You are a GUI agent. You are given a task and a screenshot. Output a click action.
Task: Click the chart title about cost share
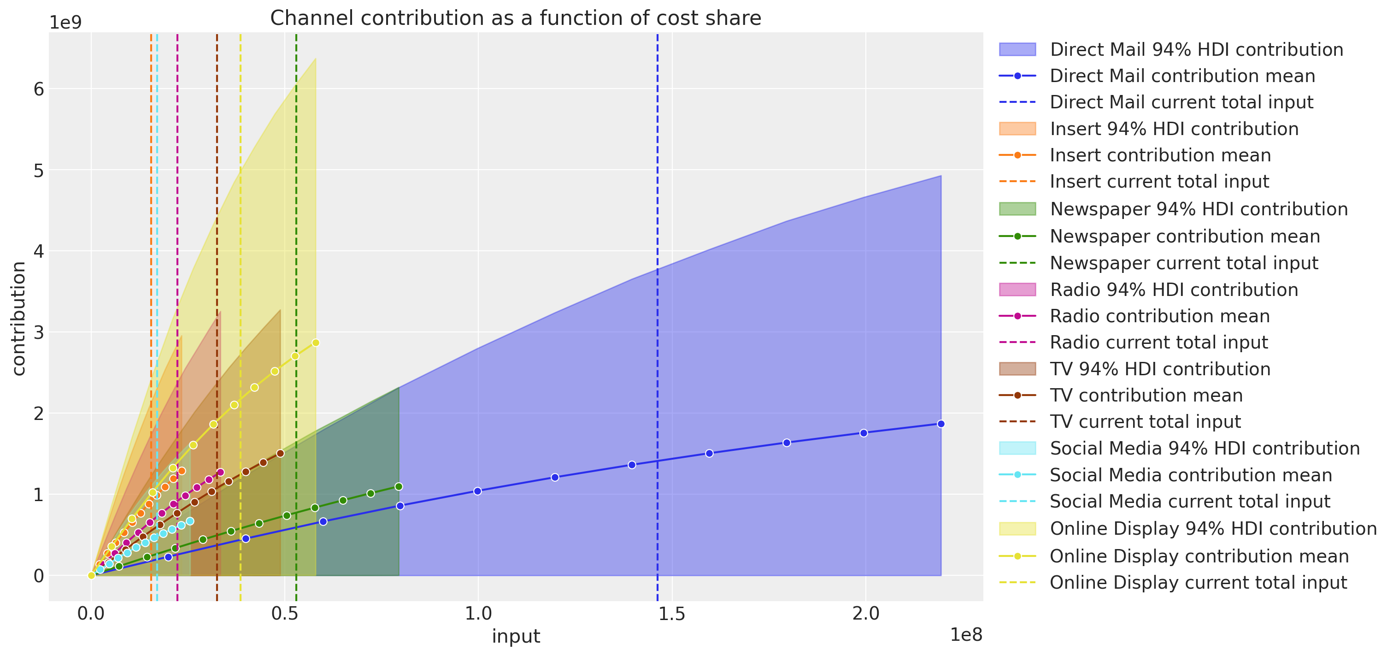515,18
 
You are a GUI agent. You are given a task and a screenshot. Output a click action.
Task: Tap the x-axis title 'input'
515,636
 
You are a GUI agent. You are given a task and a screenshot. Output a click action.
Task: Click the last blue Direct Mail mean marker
941,424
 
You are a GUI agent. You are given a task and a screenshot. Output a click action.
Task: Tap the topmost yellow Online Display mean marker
316,343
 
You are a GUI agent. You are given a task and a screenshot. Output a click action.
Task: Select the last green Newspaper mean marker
399,486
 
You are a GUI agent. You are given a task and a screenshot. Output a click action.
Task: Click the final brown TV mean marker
280,453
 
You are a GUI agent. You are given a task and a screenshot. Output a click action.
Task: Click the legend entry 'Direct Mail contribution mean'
1182,76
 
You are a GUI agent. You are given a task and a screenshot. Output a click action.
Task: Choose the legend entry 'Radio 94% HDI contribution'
1174,290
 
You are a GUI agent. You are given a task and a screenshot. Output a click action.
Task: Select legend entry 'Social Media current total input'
1190,501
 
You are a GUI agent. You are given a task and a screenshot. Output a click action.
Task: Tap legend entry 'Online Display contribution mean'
1199,556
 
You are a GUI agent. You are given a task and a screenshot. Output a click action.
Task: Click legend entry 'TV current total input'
1145,421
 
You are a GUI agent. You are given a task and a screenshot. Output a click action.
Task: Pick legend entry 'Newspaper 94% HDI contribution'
1199,209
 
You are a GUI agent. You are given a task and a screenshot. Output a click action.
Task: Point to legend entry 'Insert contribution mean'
1159,155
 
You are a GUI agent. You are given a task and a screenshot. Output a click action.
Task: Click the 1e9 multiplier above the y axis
65,23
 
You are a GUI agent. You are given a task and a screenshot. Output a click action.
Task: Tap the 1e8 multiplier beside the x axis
966,635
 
